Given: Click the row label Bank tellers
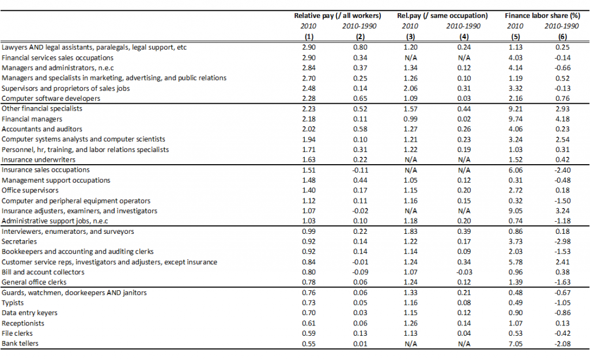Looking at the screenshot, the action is pyautogui.click(x=20, y=343).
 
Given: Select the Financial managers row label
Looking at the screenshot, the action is pyautogui.click(x=32, y=119).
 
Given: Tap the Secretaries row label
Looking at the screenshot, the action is pyautogui.click(x=19, y=241).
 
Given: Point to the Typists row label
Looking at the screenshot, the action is pyautogui.click(x=13, y=303).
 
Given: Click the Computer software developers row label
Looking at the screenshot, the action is pyautogui.click(x=51, y=98).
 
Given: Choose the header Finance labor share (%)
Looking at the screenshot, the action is pyautogui.click(x=542, y=16).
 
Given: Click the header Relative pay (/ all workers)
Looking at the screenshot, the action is pyautogui.click(x=338, y=16).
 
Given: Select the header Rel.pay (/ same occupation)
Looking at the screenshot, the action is pyautogui.click(x=442, y=16).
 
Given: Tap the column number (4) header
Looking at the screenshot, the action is pyautogui.click(x=464, y=37).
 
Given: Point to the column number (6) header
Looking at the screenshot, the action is pyautogui.click(x=562, y=37).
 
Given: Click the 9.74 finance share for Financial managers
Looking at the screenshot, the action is pyautogui.click(x=516, y=119).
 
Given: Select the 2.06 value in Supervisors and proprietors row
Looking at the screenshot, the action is pyautogui.click(x=410, y=88).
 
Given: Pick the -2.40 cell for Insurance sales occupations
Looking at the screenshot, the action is pyautogui.click(x=562, y=170).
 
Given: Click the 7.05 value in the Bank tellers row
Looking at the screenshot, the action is pyautogui.click(x=516, y=344).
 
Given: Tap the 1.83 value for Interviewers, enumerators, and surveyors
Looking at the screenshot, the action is pyautogui.click(x=410, y=232).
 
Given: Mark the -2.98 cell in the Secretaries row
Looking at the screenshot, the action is pyautogui.click(x=562, y=241).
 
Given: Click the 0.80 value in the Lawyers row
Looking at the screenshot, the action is pyautogui.click(x=360, y=47).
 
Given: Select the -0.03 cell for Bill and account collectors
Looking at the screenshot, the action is pyautogui.click(x=464, y=272).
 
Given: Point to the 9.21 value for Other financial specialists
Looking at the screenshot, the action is pyautogui.click(x=516, y=109).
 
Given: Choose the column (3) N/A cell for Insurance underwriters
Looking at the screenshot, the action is pyautogui.click(x=410, y=160).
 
